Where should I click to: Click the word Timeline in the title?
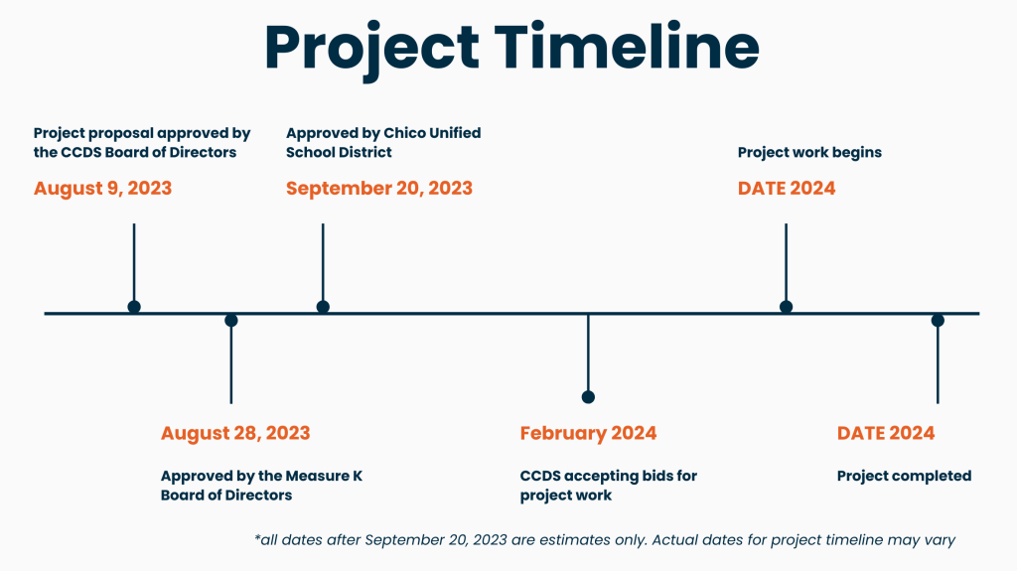click(x=627, y=48)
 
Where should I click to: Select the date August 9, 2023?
click(x=102, y=188)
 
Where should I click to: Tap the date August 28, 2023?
click(x=235, y=433)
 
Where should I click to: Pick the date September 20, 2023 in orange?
click(x=379, y=188)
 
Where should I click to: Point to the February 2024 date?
click(x=588, y=433)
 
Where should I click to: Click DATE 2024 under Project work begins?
click(x=787, y=188)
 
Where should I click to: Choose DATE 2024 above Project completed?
click(x=886, y=433)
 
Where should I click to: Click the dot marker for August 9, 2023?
click(x=134, y=307)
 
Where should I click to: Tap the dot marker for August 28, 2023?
click(x=230, y=321)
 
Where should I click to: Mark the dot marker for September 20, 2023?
click(x=323, y=307)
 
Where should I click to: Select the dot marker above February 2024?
click(x=588, y=397)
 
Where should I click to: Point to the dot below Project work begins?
click(x=787, y=307)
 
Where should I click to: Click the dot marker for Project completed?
click(x=938, y=321)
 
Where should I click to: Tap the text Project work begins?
click(x=810, y=153)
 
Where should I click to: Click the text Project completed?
click(x=904, y=476)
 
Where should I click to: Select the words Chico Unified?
click(x=433, y=133)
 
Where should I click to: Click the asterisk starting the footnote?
click(x=257, y=538)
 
